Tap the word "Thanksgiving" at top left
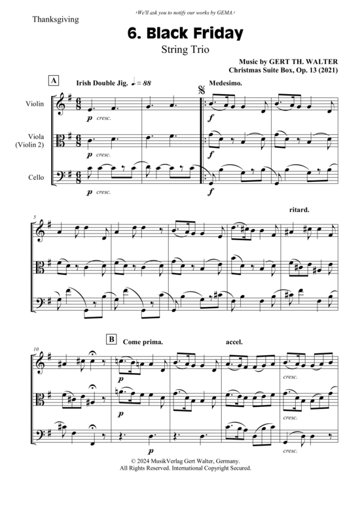click(56, 20)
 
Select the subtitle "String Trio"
click(185, 50)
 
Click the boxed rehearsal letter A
click(54, 80)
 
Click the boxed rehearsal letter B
click(111, 340)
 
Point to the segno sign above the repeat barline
click(202, 90)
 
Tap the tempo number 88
click(147, 83)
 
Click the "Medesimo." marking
click(225, 83)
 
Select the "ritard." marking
click(299, 210)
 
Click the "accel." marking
click(234, 342)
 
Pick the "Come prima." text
click(143, 342)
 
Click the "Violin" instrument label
click(35, 104)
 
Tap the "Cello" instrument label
click(36, 177)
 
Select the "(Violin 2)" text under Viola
click(29, 145)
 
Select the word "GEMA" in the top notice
click(225, 13)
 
